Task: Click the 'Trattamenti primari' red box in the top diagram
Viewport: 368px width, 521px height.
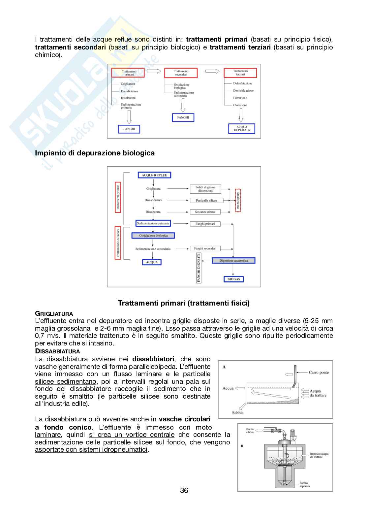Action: pos(128,73)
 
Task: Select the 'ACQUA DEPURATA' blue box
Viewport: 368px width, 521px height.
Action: pos(242,129)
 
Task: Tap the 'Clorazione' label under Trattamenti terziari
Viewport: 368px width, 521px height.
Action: pos(240,105)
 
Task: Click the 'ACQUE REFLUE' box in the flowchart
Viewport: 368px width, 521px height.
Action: pos(154,175)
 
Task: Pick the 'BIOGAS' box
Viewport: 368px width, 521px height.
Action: pos(233,279)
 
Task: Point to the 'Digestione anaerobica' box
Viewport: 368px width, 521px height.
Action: pos(234,261)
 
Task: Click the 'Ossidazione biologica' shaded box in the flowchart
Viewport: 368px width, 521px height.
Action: pos(153,236)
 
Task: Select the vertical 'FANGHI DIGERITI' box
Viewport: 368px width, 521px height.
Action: pos(199,268)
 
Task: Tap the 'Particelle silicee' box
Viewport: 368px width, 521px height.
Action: pos(206,200)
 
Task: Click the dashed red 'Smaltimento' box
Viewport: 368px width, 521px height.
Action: pos(238,200)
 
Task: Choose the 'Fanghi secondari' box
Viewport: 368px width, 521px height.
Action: pos(205,248)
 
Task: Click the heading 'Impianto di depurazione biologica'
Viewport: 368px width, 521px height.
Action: pos(95,153)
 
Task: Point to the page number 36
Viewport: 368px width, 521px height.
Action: pos(184,490)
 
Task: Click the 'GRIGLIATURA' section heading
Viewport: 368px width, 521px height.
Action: pos(54,313)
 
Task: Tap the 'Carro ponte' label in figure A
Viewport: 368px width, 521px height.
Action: pos(319,373)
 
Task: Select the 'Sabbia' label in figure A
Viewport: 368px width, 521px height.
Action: pos(237,413)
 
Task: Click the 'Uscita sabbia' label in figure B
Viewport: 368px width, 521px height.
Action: pos(250,431)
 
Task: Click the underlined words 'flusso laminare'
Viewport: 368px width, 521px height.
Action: pos(138,374)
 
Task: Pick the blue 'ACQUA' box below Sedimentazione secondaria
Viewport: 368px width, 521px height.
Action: pos(152,262)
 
